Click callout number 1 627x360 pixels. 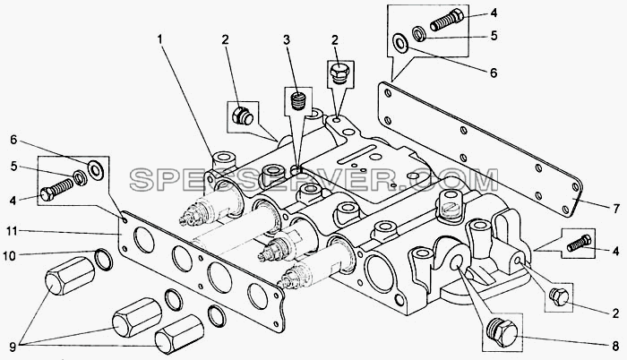(x=160, y=39)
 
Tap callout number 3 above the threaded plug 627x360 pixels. (x=287, y=39)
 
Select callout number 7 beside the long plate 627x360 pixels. (x=616, y=209)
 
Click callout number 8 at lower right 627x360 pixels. (x=616, y=346)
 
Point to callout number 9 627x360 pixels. (x=13, y=347)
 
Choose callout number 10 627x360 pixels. (x=11, y=255)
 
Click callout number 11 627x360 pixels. (x=12, y=231)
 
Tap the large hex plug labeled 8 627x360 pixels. (x=502, y=332)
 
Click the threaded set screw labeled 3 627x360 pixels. (x=298, y=101)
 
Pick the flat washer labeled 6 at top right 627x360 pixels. (x=400, y=43)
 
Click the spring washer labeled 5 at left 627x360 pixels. (x=81, y=177)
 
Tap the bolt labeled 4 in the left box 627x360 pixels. (x=57, y=190)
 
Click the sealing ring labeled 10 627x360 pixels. (x=104, y=259)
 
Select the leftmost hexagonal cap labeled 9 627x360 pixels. (x=70, y=276)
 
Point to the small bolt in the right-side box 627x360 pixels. (x=579, y=243)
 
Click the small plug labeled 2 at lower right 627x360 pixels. (x=559, y=296)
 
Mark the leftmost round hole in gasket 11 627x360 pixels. (x=144, y=240)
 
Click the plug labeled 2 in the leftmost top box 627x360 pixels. (x=243, y=116)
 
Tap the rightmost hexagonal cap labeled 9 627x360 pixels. (x=179, y=334)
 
